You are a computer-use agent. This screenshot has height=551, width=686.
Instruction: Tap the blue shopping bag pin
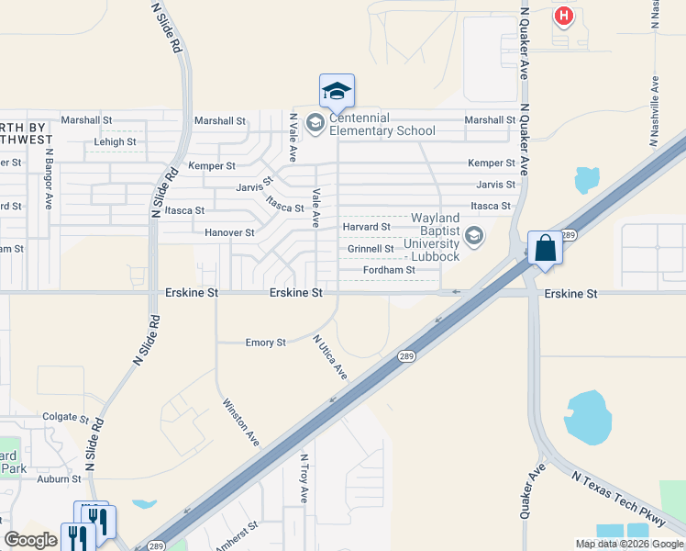(545, 248)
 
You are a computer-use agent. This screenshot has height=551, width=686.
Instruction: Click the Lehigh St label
(115, 142)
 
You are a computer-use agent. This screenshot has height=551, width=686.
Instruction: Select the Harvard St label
(366, 227)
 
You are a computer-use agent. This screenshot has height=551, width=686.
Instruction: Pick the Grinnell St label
(371, 249)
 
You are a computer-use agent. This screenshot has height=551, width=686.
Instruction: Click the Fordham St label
(389, 271)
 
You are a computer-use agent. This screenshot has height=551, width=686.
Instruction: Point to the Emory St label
(266, 343)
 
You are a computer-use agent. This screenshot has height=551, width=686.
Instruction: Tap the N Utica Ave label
(329, 357)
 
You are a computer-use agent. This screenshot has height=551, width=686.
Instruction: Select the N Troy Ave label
(304, 478)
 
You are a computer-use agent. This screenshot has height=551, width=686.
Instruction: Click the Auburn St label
(60, 479)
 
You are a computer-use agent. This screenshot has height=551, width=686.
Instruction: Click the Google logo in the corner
(30, 540)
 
